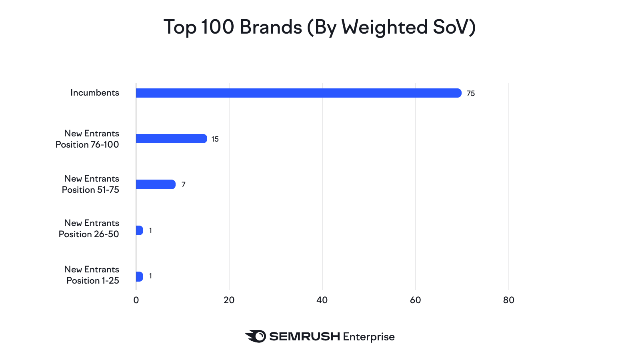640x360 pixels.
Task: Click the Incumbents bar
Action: (298, 93)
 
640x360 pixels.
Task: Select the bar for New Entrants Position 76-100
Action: (171, 139)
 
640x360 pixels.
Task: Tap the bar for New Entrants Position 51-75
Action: (156, 184)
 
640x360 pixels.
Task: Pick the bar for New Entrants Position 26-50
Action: (140, 230)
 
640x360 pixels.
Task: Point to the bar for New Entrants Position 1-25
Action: (140, 276)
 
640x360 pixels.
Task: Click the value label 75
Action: (471, 94)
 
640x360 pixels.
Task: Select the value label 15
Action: (215, 139)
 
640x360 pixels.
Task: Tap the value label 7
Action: (184, 185)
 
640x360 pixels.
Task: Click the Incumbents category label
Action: (95, 93)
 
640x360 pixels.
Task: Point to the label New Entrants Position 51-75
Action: (91, 184)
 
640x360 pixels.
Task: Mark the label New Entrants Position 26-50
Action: (89, 228)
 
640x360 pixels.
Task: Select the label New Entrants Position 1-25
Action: (92, 275)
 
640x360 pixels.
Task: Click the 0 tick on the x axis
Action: (136, 300)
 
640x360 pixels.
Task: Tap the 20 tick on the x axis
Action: (229, 300)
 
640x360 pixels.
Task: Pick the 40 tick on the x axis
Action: (322, 300)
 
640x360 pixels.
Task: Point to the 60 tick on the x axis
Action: (416, 300)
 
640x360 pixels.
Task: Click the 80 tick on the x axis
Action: (509, 300)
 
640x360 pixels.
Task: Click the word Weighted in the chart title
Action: (384, 28)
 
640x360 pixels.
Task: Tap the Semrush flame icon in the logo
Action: (256, 336)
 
